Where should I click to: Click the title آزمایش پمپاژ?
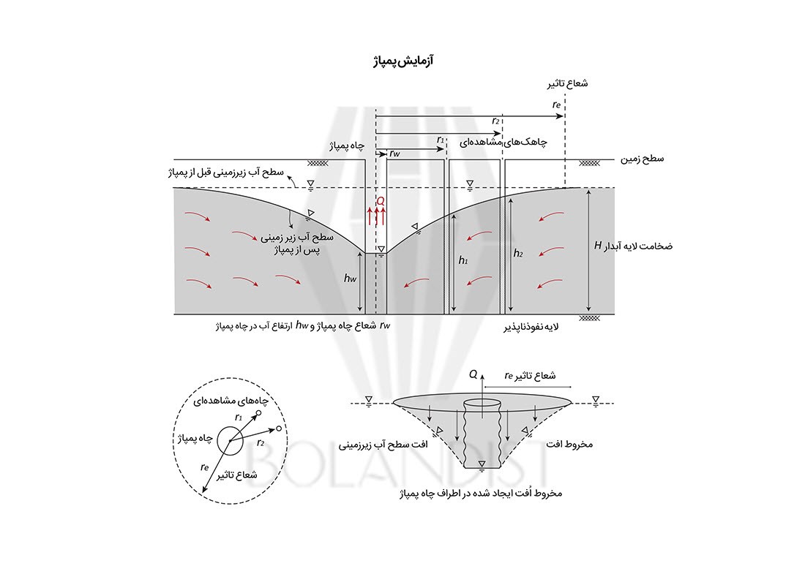pos(403,59)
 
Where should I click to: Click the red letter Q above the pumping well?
pos(379,200)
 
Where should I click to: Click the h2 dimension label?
pos(519,253)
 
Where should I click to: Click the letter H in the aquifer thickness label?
pos(597,246)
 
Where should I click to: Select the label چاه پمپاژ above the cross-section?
pos(347,146)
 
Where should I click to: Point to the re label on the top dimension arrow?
pos(557,105)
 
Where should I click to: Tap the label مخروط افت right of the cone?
pos(568,444)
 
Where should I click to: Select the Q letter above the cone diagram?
pos(473,374)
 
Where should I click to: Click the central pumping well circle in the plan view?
pos(236,440)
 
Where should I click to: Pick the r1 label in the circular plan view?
pos(239,417)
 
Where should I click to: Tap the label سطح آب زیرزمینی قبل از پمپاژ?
pos(222,173)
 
